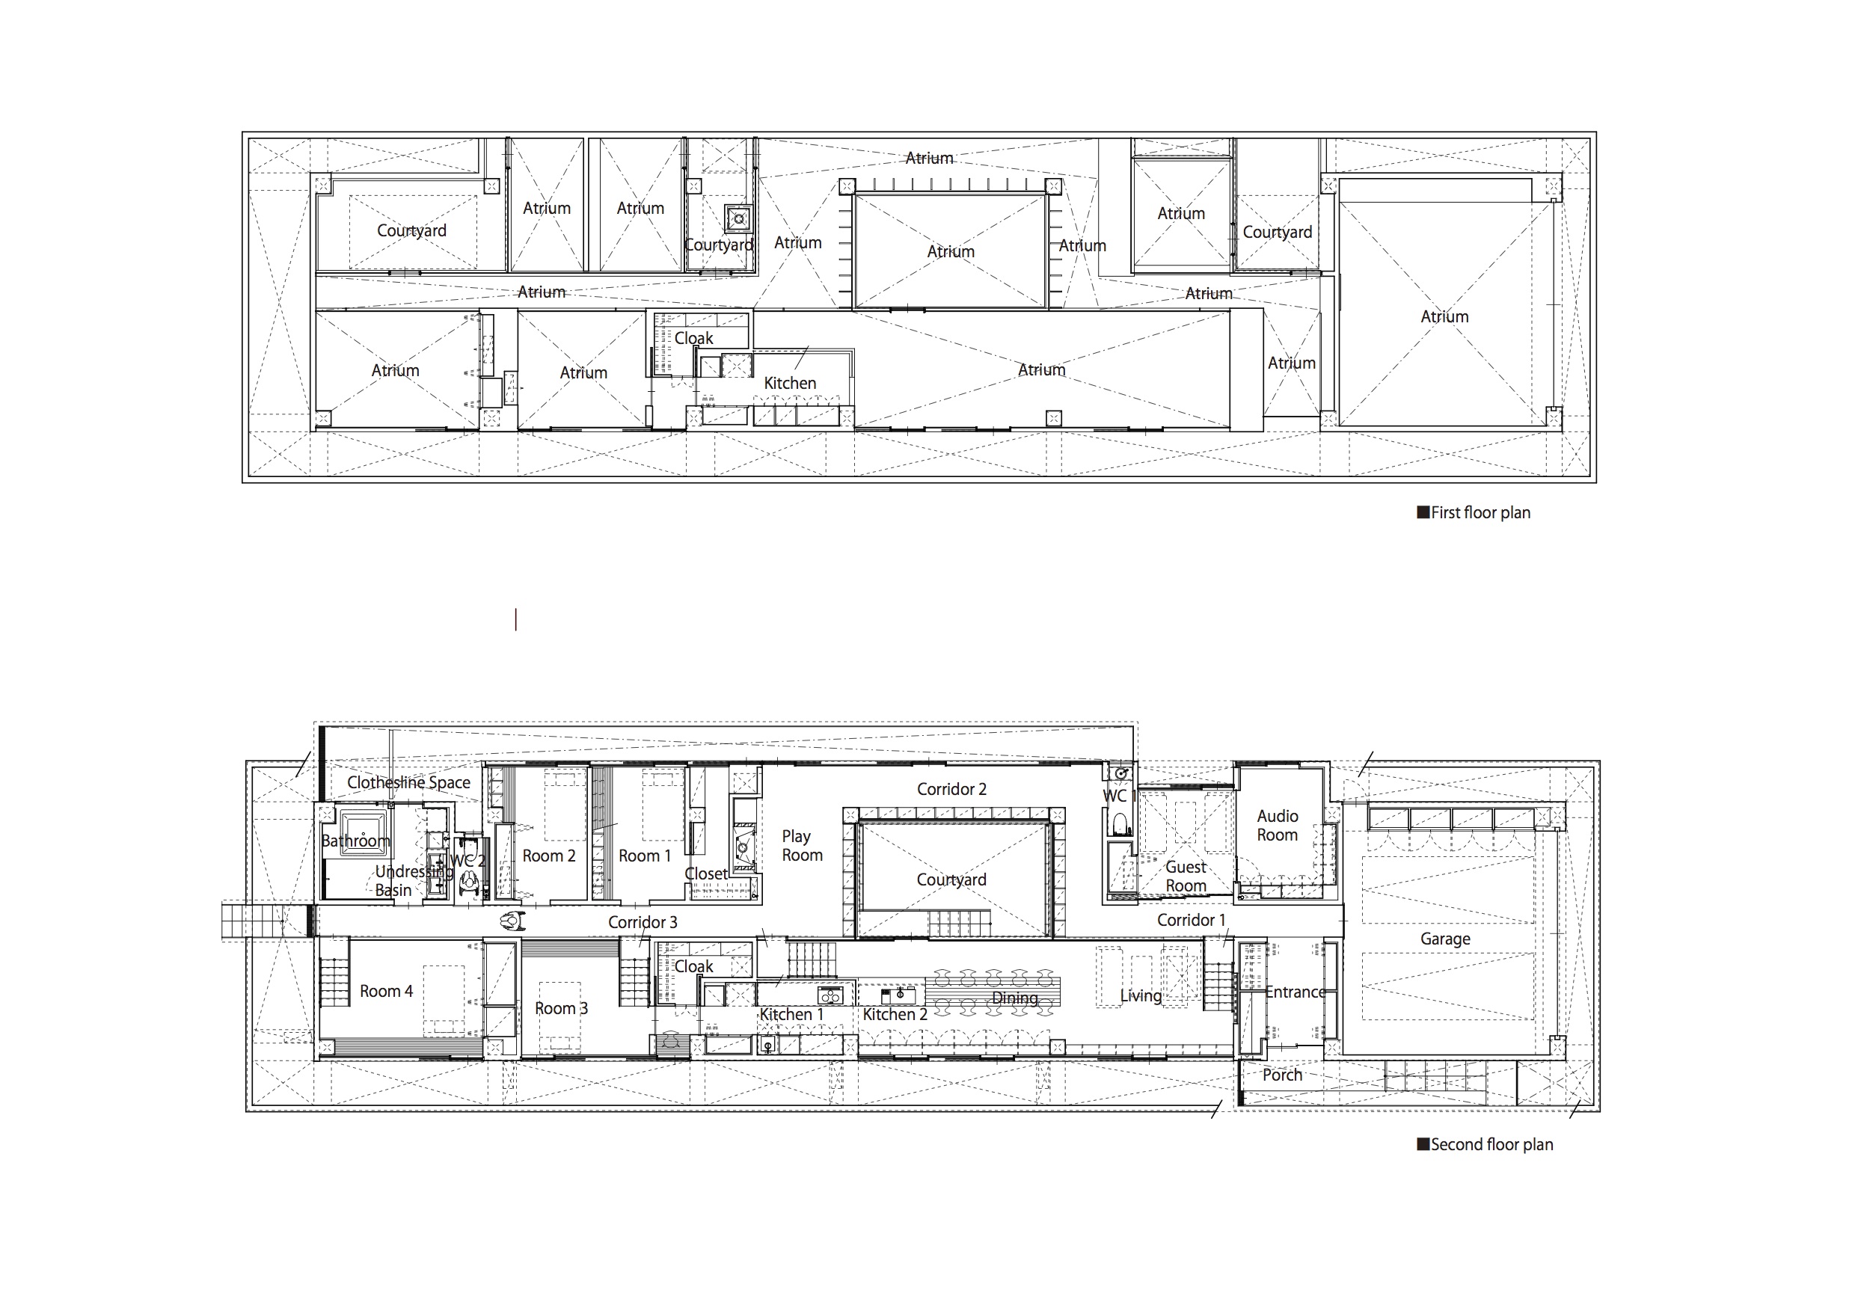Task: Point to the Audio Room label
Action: click(1278, 826)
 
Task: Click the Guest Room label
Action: click(1186, 876)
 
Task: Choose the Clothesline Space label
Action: click(409, 783)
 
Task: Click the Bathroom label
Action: click(355, 841)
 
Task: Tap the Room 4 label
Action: click(386, 991)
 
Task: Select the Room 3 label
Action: click(561, 1008)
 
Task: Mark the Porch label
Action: click(1282, 1075)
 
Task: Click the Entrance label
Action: click(1294, 992)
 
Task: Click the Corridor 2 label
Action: click(951, 789)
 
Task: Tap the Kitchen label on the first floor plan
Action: click(789, 384)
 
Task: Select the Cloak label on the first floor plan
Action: click(693, 339)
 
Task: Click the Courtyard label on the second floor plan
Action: click(951, 879)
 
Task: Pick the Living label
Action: click(1140, 996)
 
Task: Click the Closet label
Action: click(705, 874)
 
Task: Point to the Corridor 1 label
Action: click(1191, 920)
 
